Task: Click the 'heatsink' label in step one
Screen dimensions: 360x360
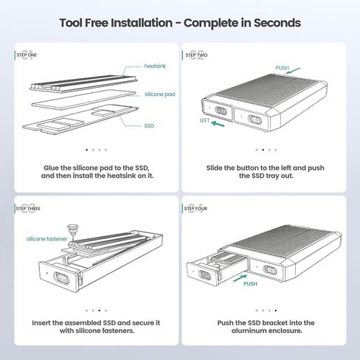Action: click(x=155, y=66)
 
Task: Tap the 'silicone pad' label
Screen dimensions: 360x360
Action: click(x=159, y=94)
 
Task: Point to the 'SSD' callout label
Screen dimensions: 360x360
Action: click(x=149, y=126)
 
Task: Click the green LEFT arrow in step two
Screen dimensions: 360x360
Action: click(x=218, y=124)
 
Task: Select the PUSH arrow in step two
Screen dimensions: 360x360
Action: click(x=293, y=71)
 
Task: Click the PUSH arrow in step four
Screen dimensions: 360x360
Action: click(x=240, y=278)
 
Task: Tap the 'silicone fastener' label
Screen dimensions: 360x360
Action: click(x=46, y=239)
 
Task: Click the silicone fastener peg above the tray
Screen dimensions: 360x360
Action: click(x=73, y=229)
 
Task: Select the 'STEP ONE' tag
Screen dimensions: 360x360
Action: click(x=27, y=55)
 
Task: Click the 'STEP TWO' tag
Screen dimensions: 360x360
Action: click(x=196, y=55)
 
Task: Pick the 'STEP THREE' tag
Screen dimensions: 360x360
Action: click(x=28, y=209)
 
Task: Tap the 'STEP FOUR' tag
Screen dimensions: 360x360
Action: click(x=195, y=209)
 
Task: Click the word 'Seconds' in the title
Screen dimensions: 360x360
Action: click(x=277, y=23)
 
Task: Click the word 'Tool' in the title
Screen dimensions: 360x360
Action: click(x=71, y=23)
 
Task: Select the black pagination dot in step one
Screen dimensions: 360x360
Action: click(x=86, y=150)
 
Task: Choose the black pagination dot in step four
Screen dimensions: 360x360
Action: click(x=276, y=311)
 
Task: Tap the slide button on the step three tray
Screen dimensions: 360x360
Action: click(x=61, y=278)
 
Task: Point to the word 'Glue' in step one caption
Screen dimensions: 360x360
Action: click(x=51, y=168)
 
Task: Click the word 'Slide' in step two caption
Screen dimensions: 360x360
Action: click(x=214, y=168)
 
